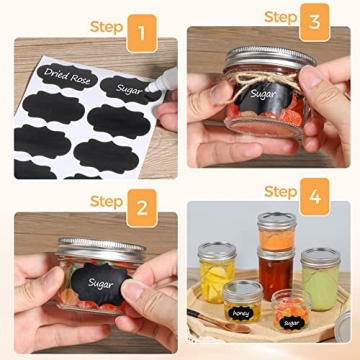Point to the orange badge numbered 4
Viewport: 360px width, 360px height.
[x=316, y=194]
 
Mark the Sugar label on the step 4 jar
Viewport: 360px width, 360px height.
[x=290, y=322]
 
